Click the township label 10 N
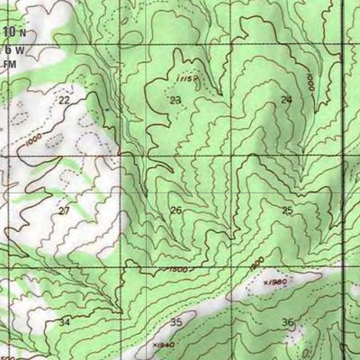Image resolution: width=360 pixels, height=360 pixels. tap(13, 33)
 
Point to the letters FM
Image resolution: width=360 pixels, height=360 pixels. tap(10, 64)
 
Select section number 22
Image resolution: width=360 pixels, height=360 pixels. tap(63, 100)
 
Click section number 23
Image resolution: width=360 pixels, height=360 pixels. tap(175, 100)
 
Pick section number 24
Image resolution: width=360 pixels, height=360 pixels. tap(286, 99)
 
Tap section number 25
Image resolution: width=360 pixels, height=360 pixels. tap(287, 211)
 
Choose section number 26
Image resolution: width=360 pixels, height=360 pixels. tap(175, 211)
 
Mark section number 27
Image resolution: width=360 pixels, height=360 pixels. tap(63, 211)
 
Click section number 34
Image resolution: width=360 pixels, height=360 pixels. tap(63, 321)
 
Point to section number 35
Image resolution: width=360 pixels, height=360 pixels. tap(176, 321)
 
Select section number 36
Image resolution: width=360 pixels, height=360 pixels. tap(287, 321)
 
